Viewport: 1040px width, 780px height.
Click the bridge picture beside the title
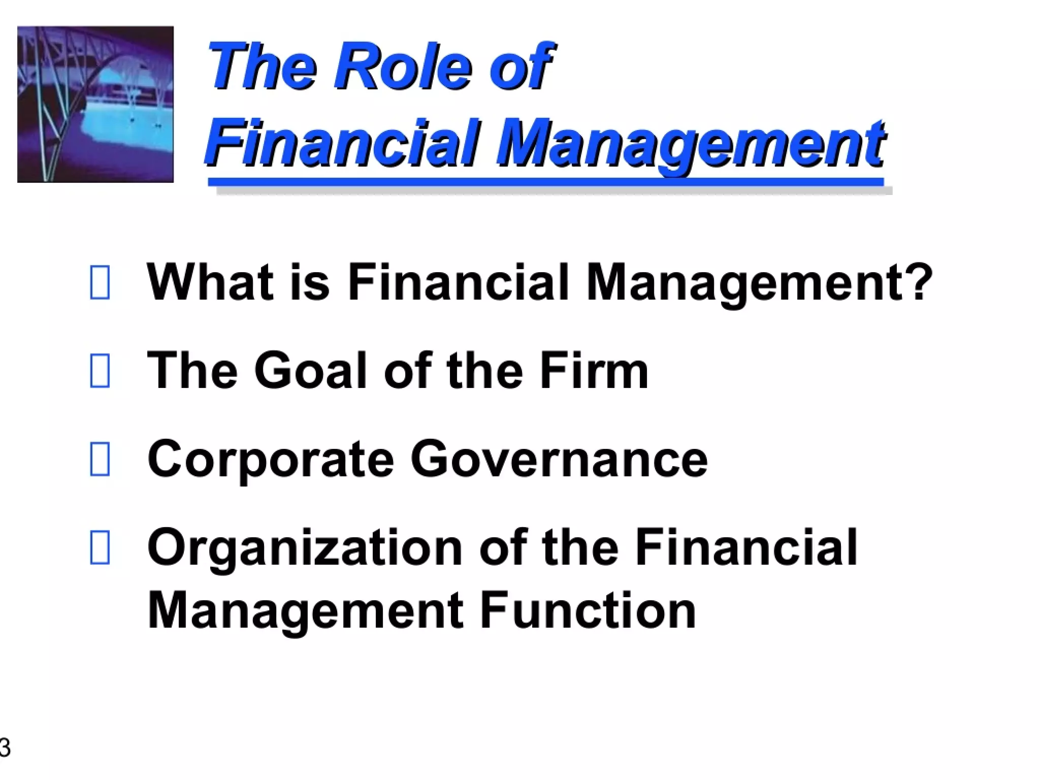coord(95,104)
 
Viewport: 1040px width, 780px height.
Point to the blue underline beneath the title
coord(546,182)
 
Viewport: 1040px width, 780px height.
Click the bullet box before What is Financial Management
coord(100,282)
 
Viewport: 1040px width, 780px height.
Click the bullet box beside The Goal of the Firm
coord(100,371)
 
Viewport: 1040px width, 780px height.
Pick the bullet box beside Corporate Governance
coord(100,459)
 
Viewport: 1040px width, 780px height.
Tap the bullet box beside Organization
coord(100,547)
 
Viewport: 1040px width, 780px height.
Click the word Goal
coord(310,371)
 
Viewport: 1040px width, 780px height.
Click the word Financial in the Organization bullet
coord(745,547)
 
